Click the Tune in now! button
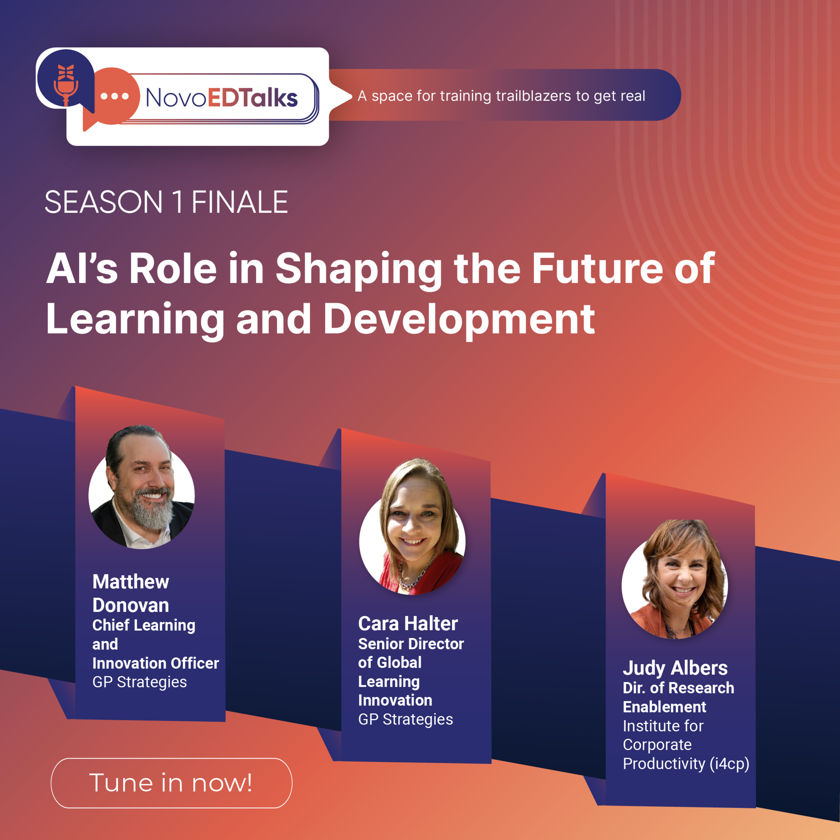pos(171,783)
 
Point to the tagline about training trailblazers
pos(501,96)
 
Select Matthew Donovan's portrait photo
pos(142,487)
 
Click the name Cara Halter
pos(408,624)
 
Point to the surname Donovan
pos(130,605)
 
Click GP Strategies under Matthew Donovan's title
pos(139,682)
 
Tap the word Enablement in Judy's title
pos(664,707)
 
